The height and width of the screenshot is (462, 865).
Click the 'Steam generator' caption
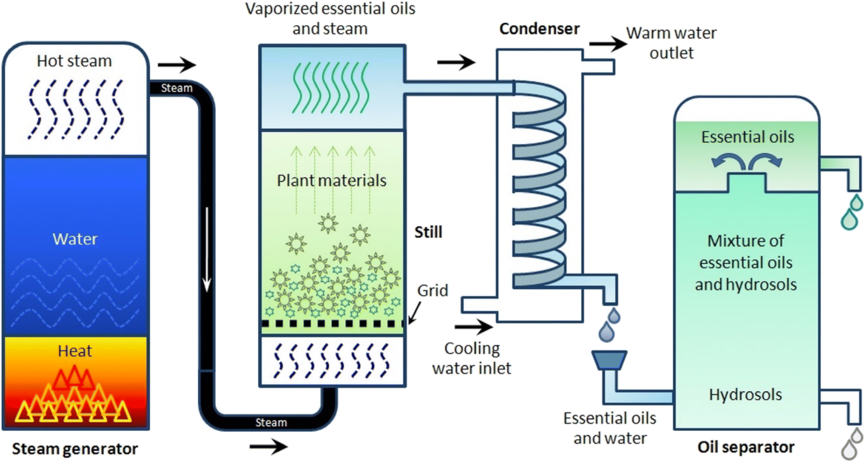coord(75,449)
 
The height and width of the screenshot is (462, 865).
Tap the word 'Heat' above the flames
coord(75,351)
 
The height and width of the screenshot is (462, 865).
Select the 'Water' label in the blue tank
coord(75,239)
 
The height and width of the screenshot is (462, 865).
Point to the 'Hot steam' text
coord(74,61)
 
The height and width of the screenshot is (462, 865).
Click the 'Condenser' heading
coord(539,29)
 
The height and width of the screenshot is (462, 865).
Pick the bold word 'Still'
coord(429,232)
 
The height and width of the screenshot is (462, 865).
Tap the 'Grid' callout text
coord(433,291)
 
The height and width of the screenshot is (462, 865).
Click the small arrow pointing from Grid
coord(414,313)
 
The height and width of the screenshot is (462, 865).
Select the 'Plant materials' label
coord(332,181)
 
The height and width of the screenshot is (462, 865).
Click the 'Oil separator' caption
coord(746,447)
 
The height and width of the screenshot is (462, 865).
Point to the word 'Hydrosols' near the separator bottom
coord(745,395)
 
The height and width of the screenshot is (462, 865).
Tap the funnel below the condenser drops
coord(609,360)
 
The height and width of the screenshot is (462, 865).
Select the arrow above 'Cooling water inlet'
coord(474,327)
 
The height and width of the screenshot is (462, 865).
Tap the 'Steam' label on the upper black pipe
coord(177,88)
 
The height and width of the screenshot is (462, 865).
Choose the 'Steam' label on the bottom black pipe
coord(271,422)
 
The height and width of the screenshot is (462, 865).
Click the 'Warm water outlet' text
coord(671,43)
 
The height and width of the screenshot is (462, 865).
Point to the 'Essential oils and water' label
coord(610,428)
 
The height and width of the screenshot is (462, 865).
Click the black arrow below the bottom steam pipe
coord(269,446)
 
